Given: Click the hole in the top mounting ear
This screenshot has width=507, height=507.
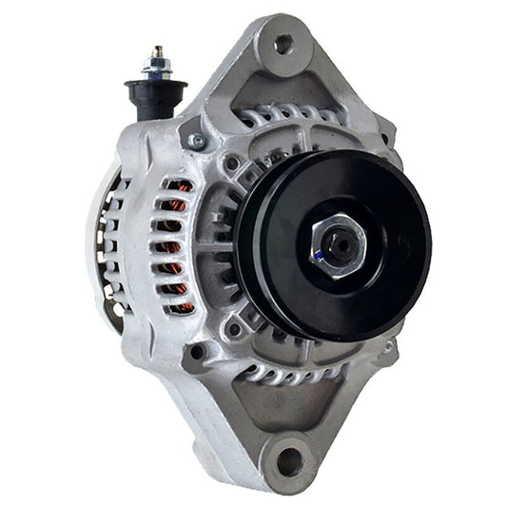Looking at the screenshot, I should pyautogui.click(x=283, y=43).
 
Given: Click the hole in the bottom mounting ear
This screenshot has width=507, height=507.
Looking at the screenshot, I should pyautogui.click(x=289, y=462).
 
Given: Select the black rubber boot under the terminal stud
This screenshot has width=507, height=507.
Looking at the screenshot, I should pyautogui.click(x=155, y=96).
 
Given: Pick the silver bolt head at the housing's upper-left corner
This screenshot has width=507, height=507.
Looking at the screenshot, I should pyautogui.click(x=197, y=142).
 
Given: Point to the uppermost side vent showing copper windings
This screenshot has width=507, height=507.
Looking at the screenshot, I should pyautogui.click(x=177, y=185).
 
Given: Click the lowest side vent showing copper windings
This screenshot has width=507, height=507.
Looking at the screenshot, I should pyautogui.click(x=179, y=306).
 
